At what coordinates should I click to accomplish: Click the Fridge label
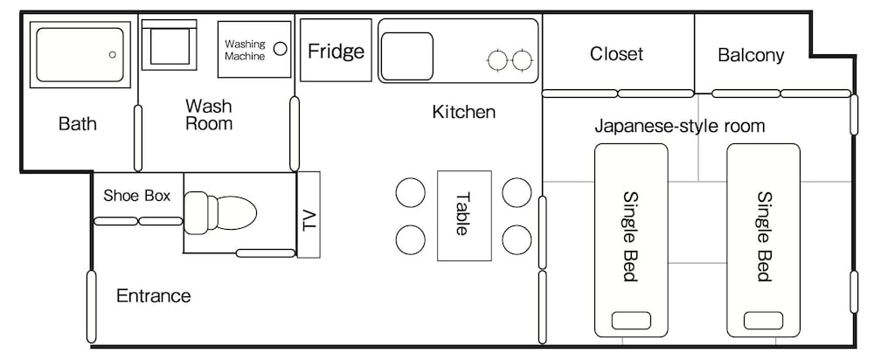336,52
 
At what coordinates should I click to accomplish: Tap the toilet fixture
220,212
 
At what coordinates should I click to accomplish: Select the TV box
309,215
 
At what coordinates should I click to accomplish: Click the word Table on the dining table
463,214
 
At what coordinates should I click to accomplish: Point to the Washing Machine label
245,50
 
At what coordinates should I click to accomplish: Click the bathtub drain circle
113,55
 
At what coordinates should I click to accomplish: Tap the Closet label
616,54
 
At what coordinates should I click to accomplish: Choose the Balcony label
751,55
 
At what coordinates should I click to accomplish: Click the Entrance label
153,295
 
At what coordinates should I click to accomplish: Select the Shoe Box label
137,196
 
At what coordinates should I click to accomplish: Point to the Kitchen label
464,112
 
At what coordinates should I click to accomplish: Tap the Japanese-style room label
679,126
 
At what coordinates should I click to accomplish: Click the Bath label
78,123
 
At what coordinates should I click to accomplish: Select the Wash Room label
209,114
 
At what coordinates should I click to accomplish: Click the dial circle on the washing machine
281,48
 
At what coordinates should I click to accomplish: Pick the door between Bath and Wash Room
138,138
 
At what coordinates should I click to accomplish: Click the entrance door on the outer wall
92,307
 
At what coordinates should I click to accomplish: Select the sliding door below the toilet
266,253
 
